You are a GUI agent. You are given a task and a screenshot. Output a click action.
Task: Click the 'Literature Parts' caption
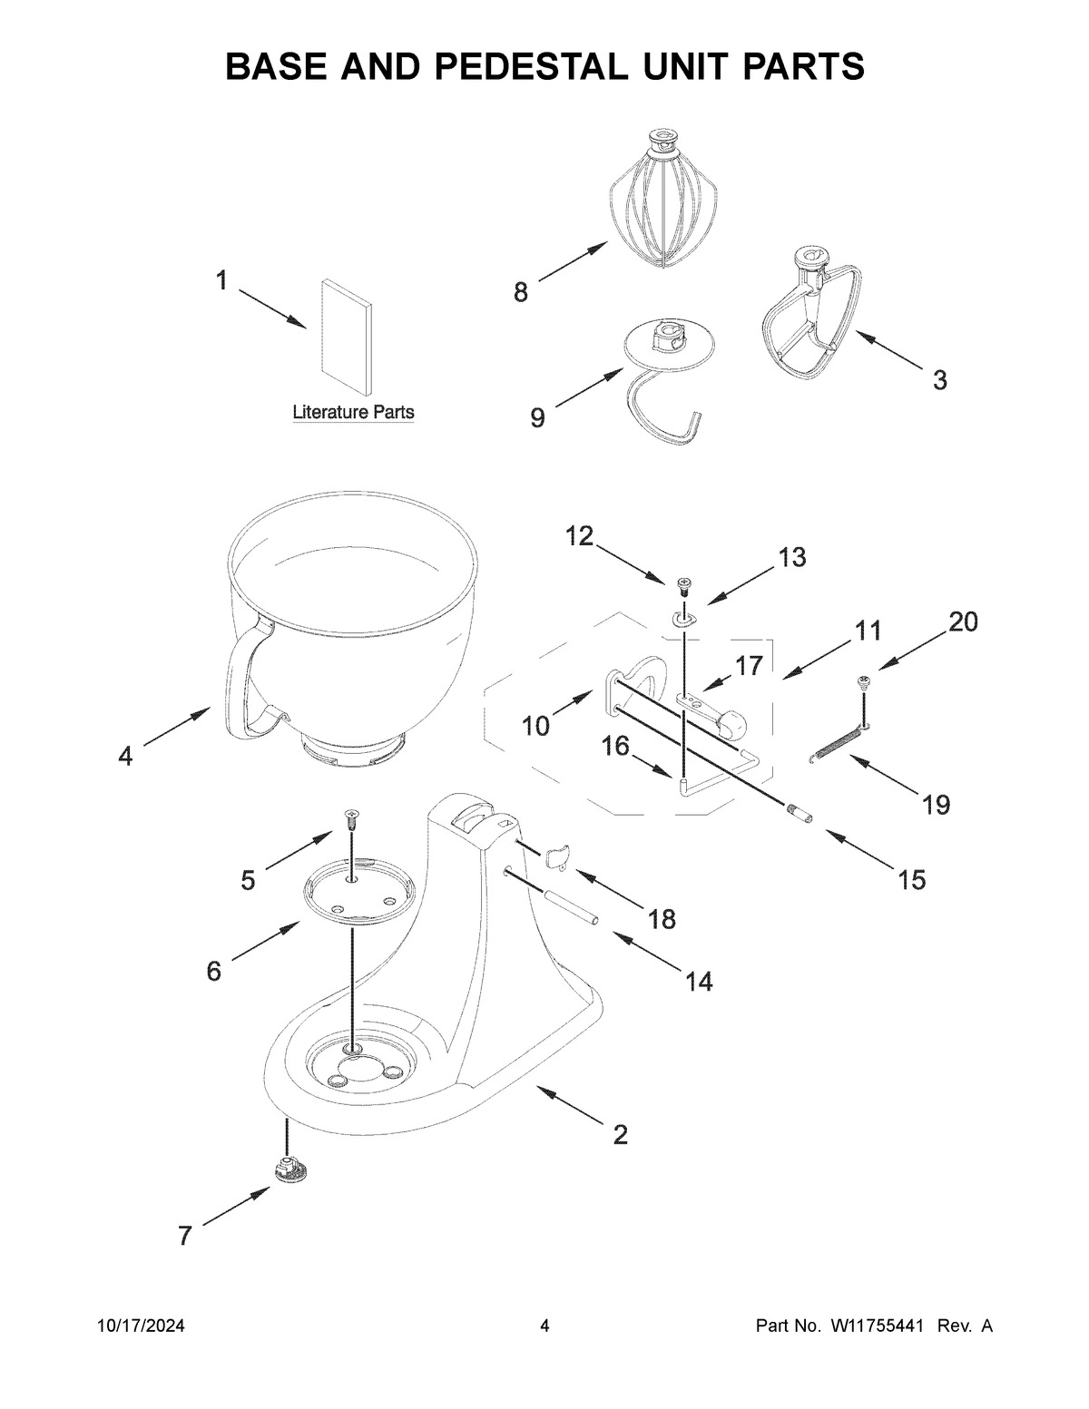[x=353, y=412]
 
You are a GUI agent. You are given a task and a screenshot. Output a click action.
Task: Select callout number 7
[x=185, y=1235]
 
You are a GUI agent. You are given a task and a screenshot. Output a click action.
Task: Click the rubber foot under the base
[x=289, y=1169]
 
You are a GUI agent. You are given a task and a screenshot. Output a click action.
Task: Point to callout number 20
[x=963, y=623]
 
